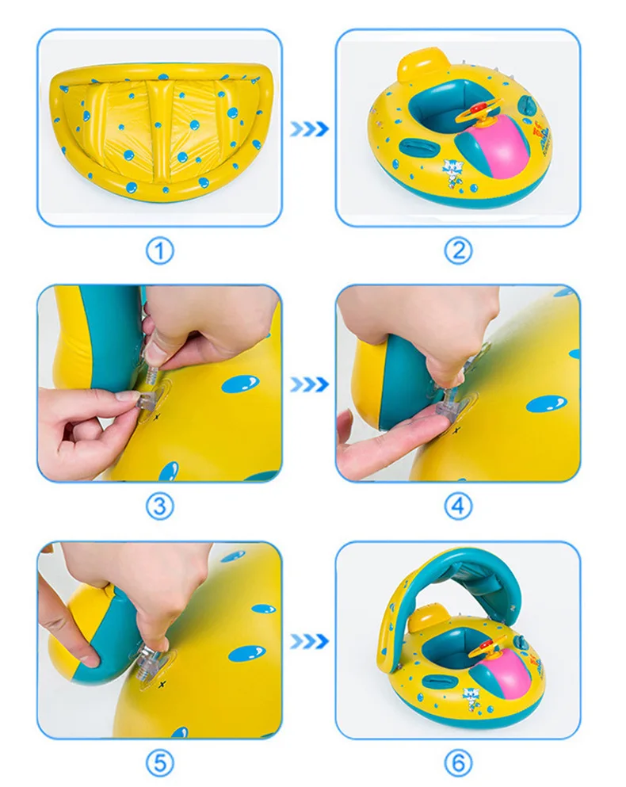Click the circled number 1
[159, 251]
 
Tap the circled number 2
[457, 251]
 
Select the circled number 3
[159, 506]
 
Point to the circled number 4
[457, 506]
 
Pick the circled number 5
[159, 762]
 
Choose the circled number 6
[457, 762]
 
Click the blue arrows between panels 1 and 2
[308, 129]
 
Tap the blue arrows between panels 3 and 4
[308, 384]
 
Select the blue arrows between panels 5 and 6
[308, 640]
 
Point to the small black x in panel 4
[456, 429]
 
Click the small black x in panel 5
[162, 683]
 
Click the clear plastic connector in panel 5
[148, 660]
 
